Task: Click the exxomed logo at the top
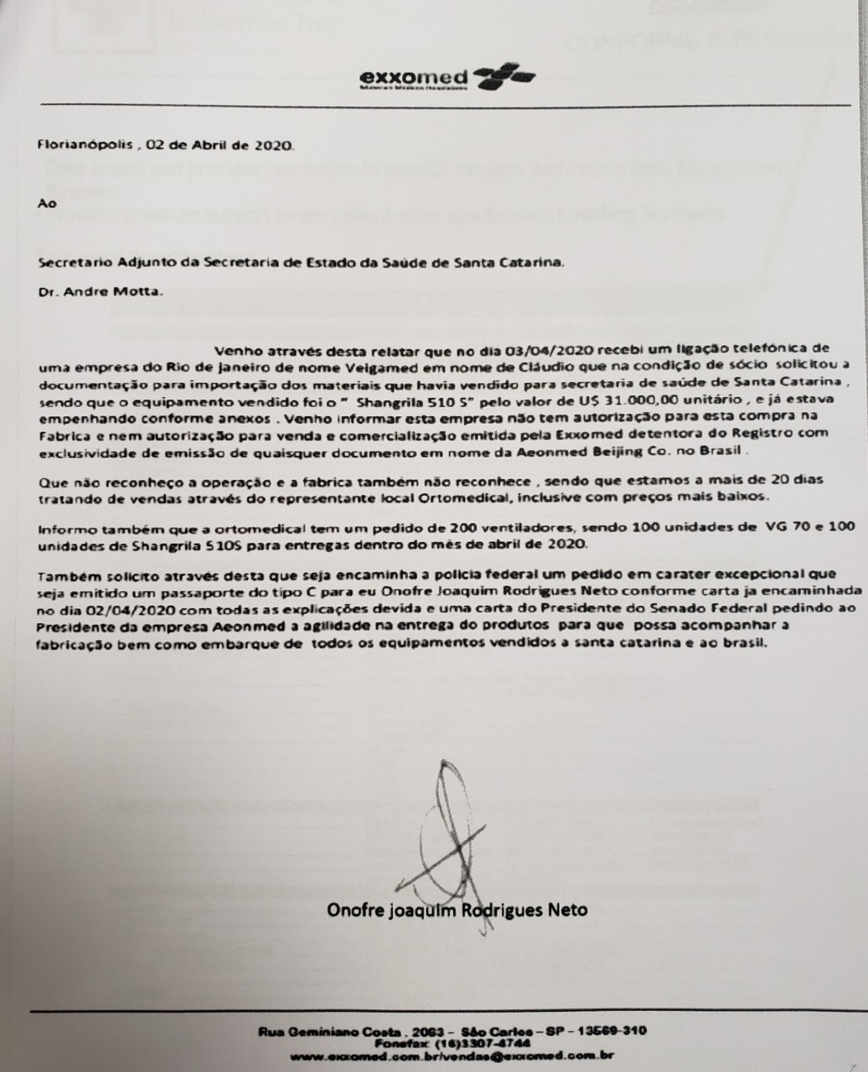click(447, 79)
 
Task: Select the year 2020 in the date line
click(275, 144)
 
